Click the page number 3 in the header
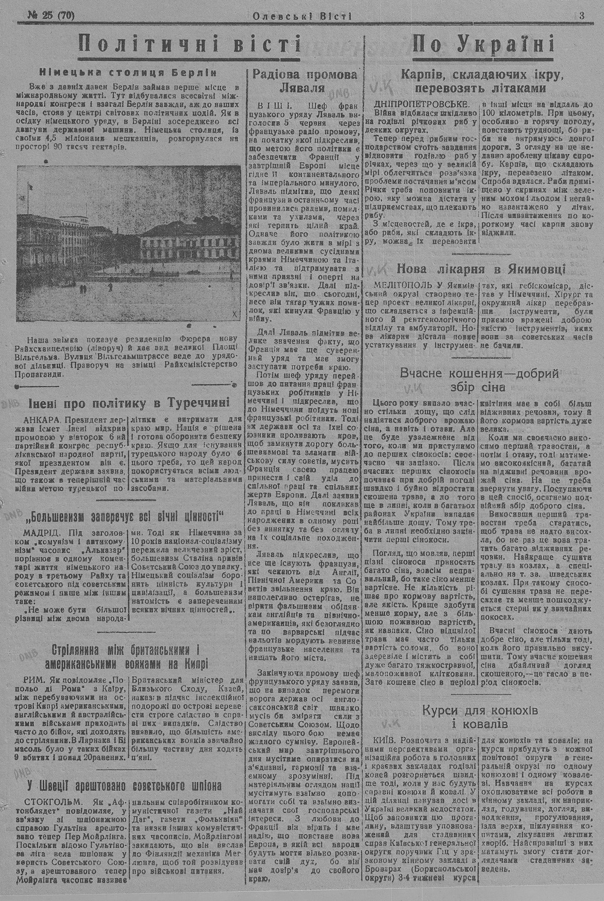(x=581, y=16)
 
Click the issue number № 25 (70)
(x=51, y=16)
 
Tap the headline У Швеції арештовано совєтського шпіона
(x=124, y=785)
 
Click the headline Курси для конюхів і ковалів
(x=481, y=716)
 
